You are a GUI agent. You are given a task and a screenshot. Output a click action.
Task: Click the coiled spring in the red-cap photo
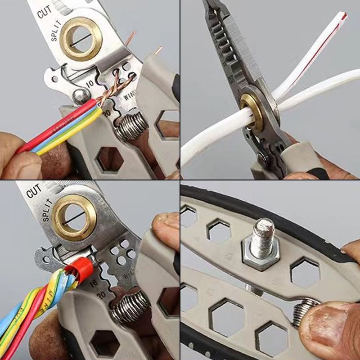pos(130,306)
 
